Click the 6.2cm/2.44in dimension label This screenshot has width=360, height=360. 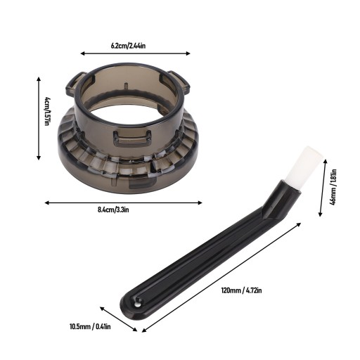click(128, 46)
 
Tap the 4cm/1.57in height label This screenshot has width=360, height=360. click(46, 111)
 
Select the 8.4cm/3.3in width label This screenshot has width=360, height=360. click(113, 210)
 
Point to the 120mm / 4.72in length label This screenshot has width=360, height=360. click(241, 290)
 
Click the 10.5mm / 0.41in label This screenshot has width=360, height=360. click(90, 326)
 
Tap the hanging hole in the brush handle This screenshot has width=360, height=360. click(136, 304)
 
